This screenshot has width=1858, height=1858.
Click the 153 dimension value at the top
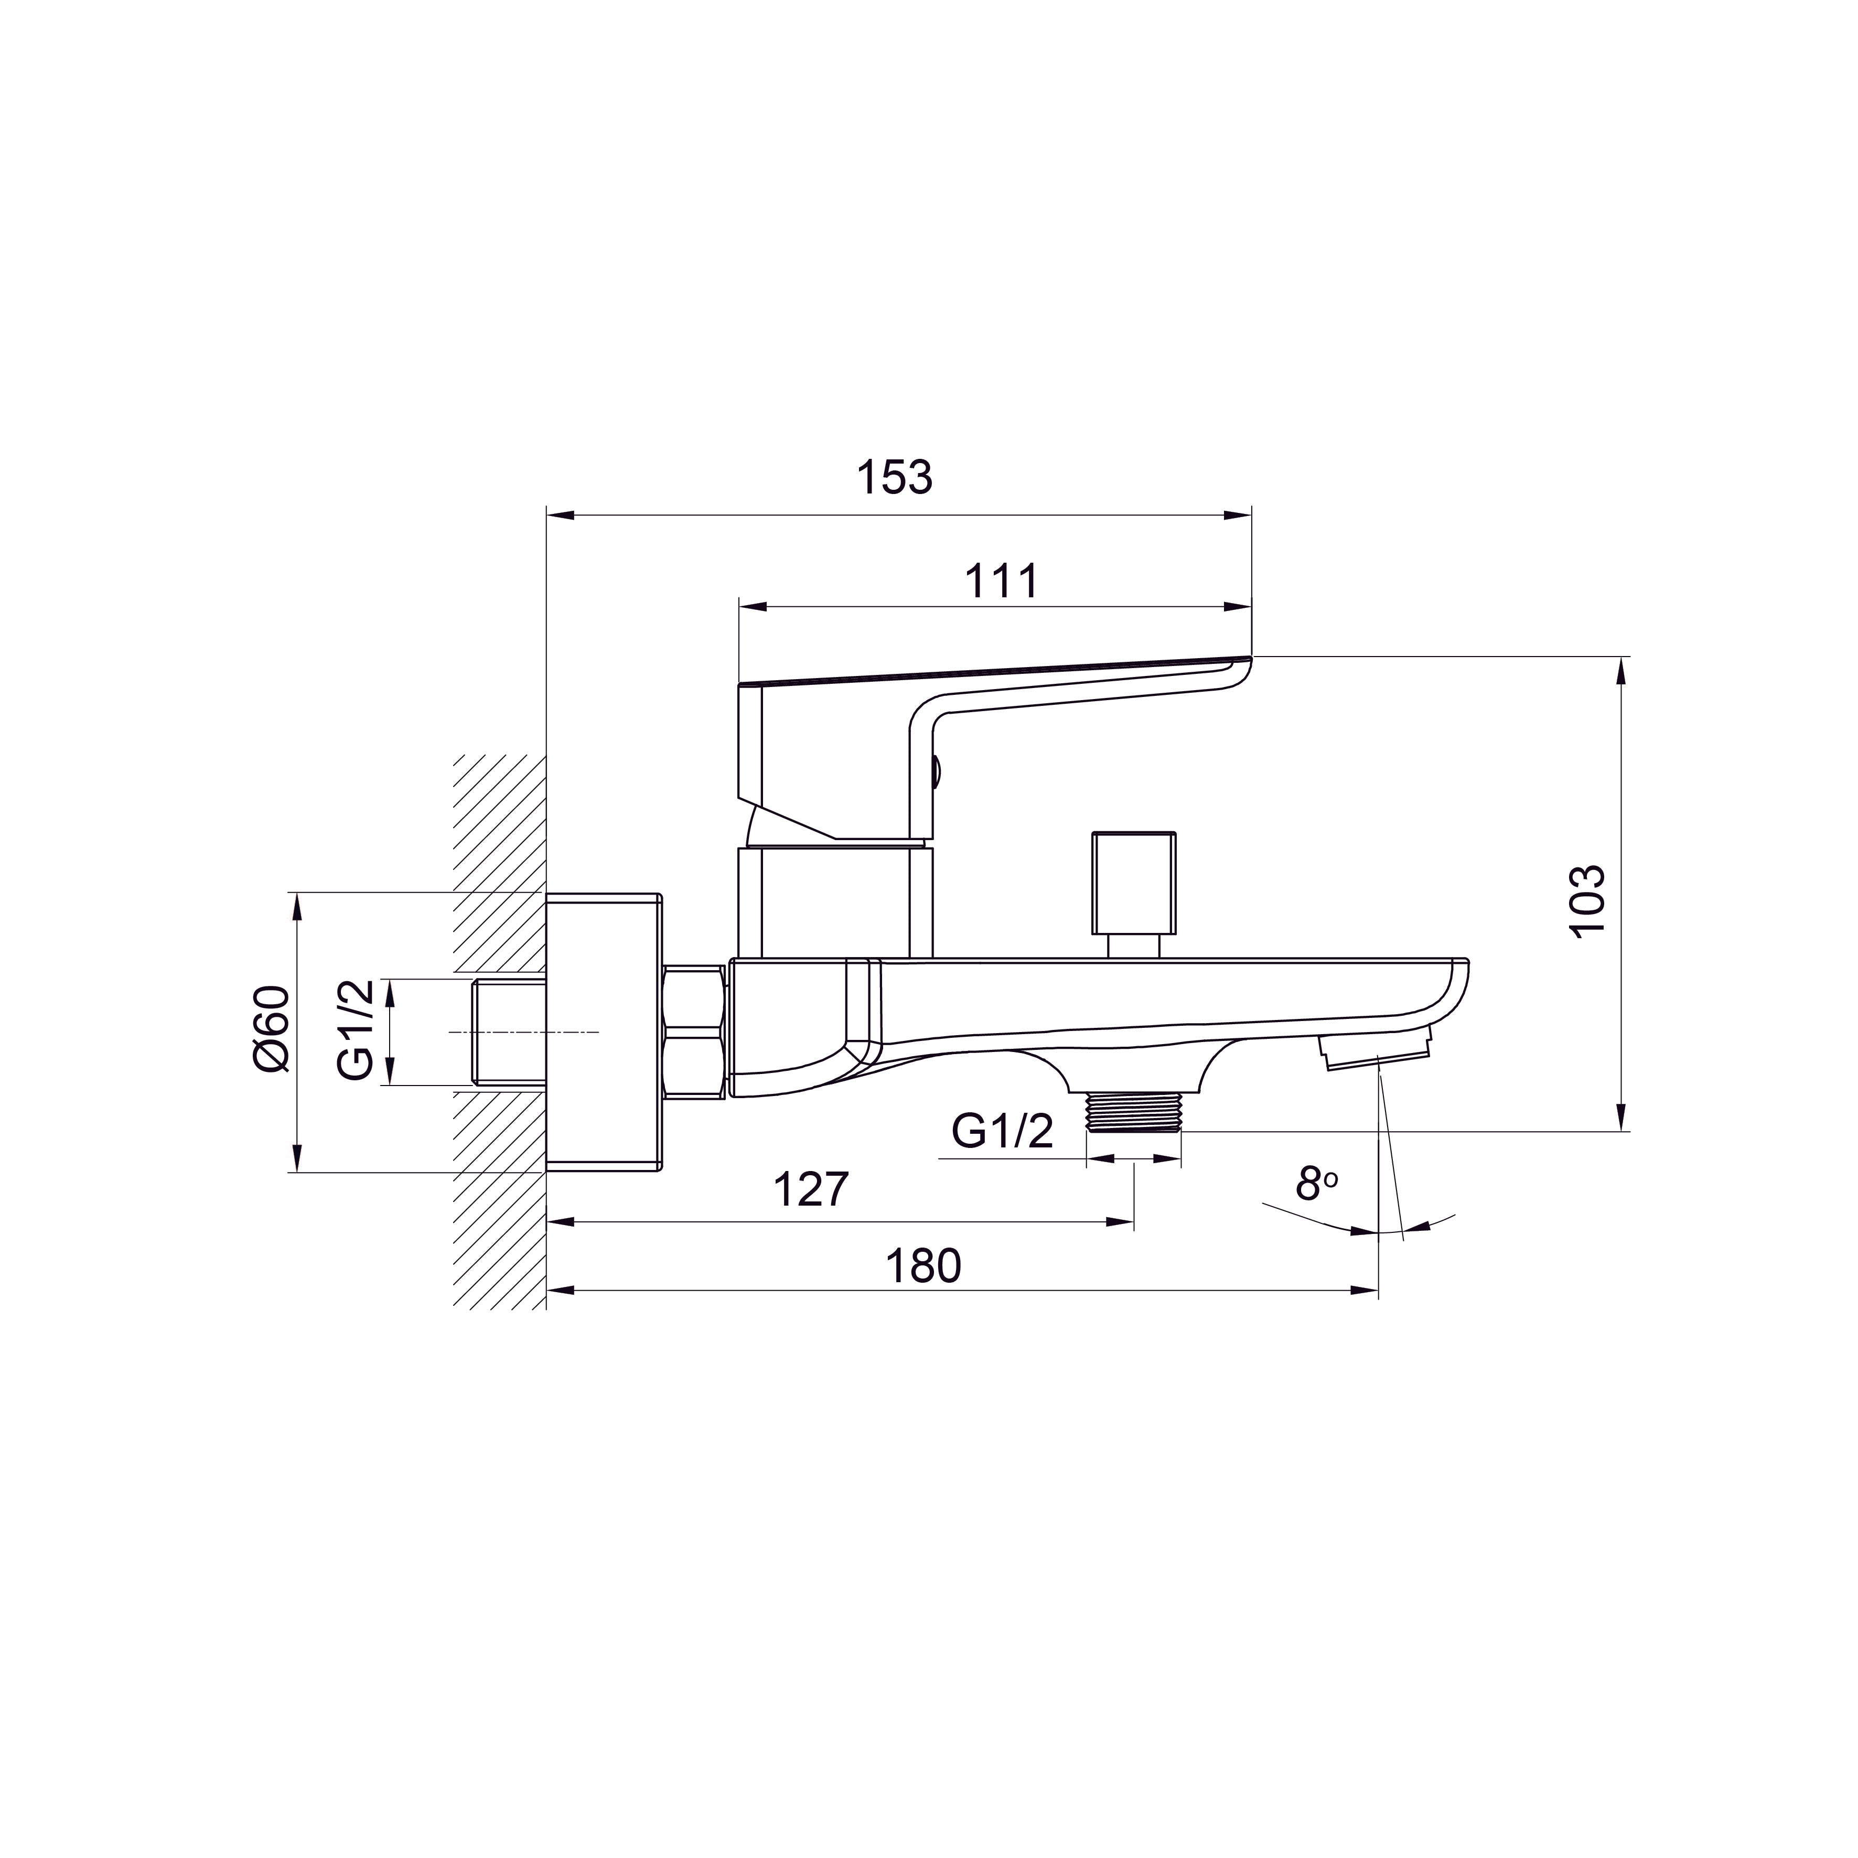click(894, 478)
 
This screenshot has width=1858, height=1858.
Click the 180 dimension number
click(923, 1266)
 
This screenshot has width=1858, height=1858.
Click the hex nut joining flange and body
click(693, 1033)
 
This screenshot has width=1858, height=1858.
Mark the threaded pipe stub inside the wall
click(510, 1032)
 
